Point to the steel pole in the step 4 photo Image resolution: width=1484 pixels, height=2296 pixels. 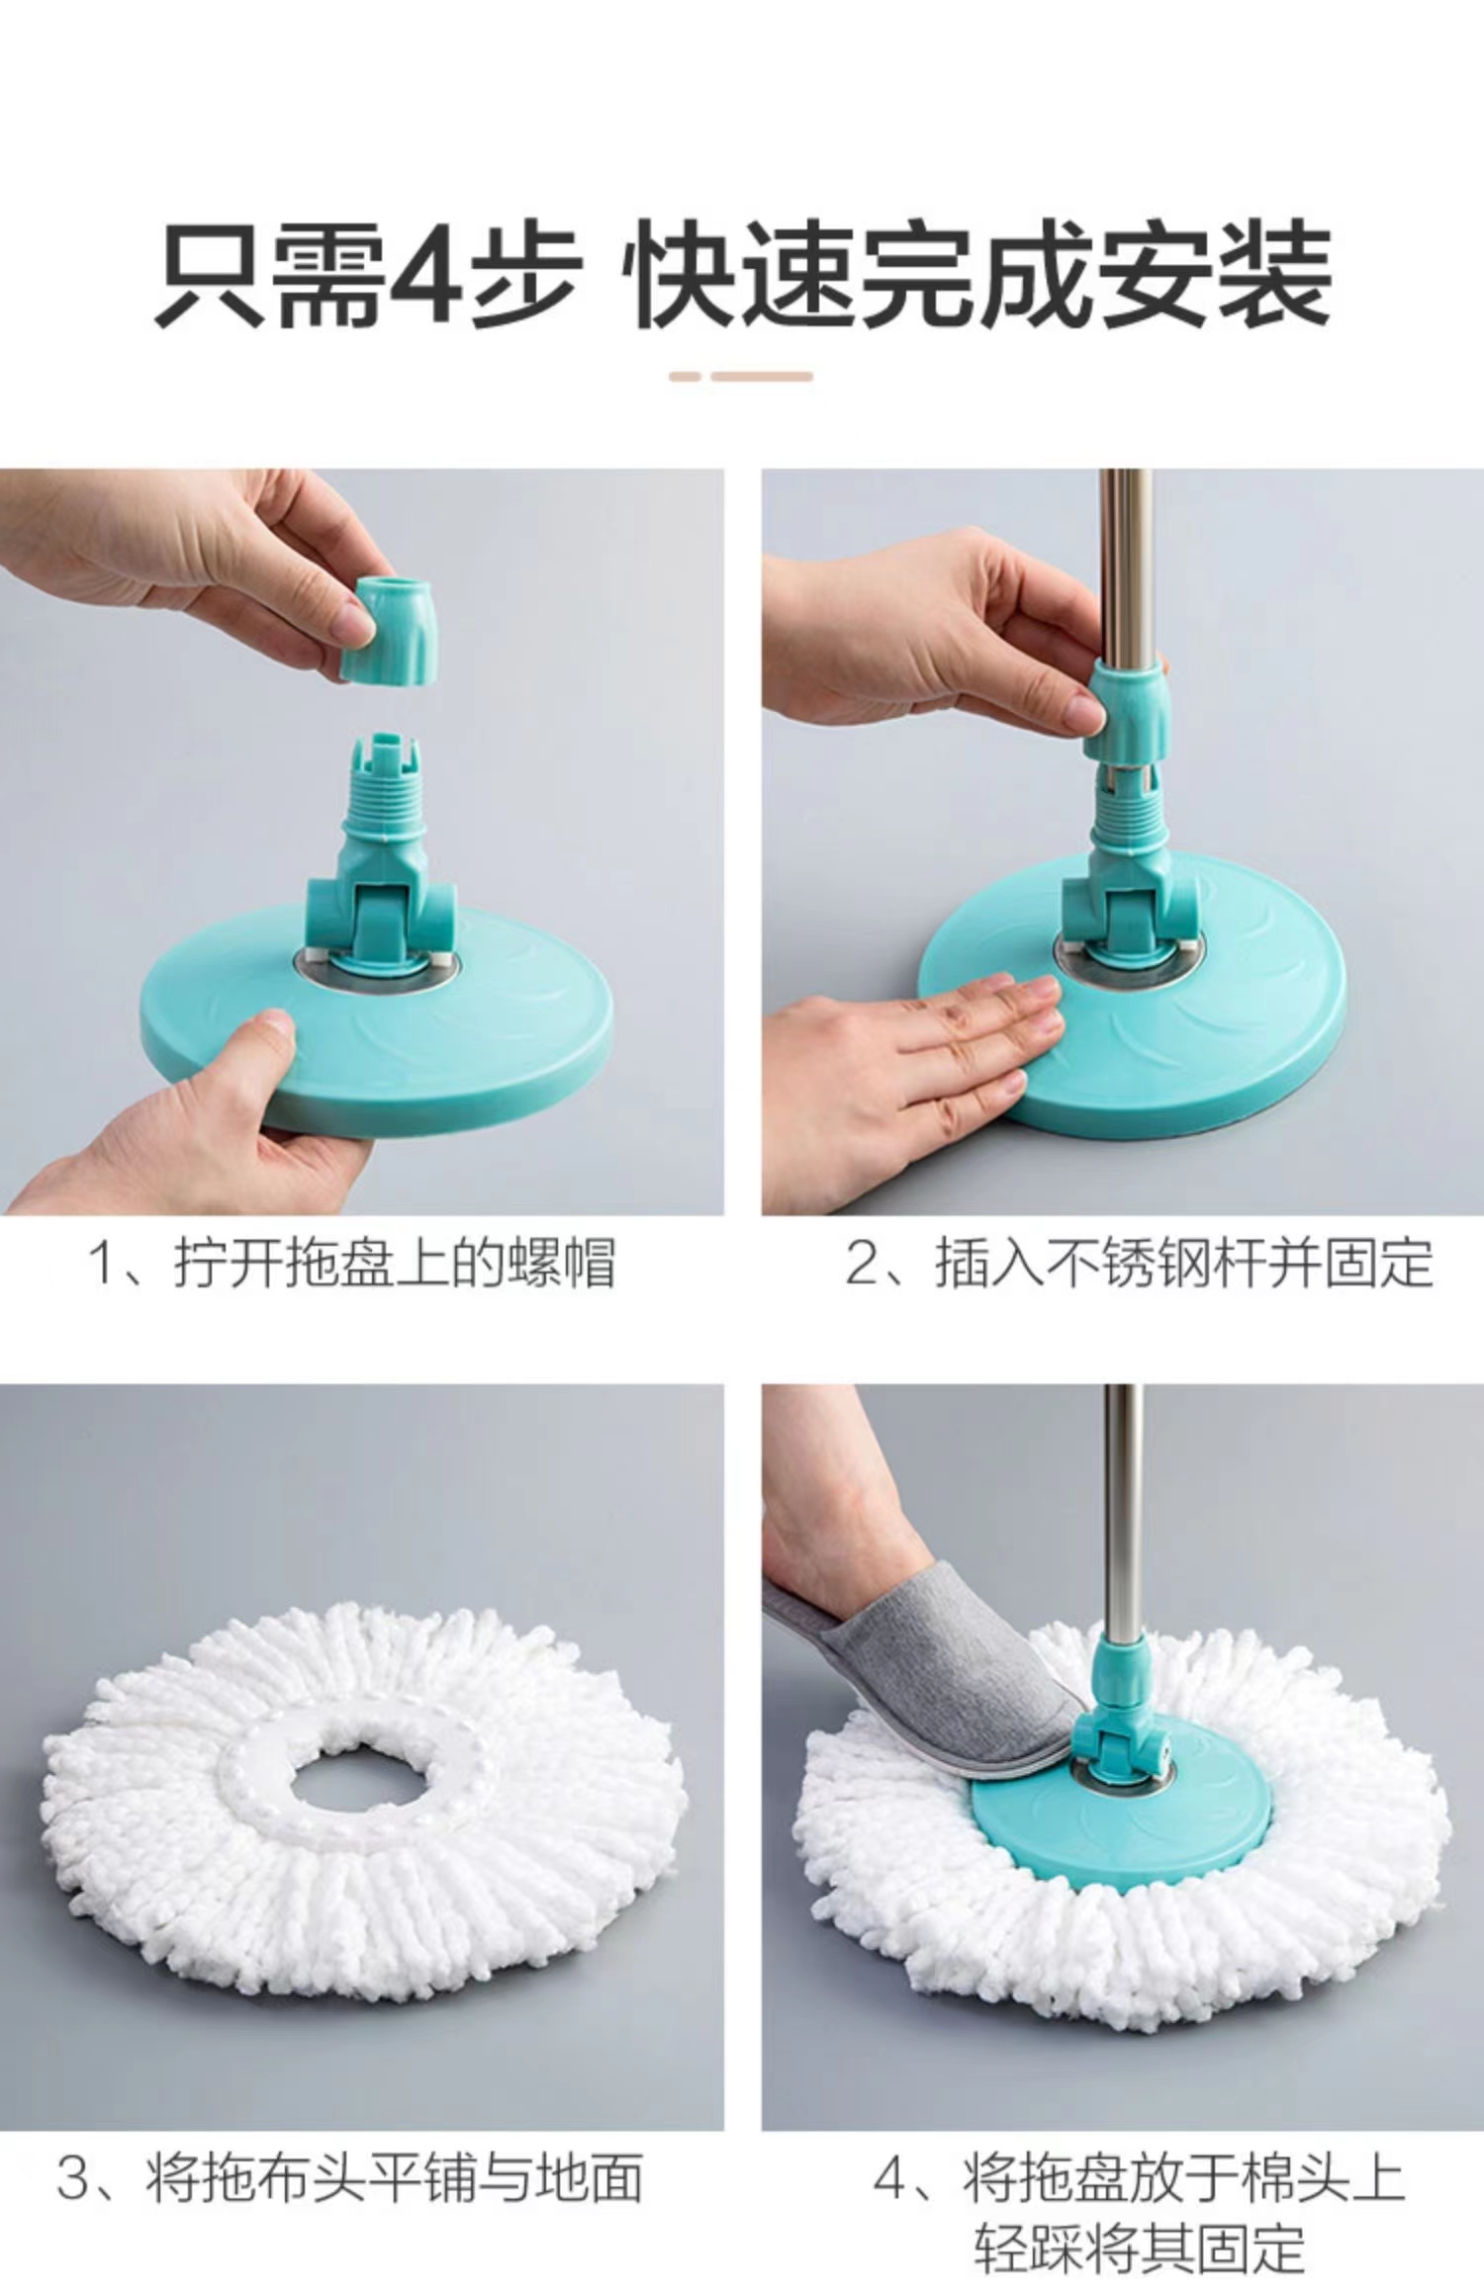coord(1122,1523)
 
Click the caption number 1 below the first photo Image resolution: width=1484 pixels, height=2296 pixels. coord(103,1263)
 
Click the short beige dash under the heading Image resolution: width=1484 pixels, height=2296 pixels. coord(685,376)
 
